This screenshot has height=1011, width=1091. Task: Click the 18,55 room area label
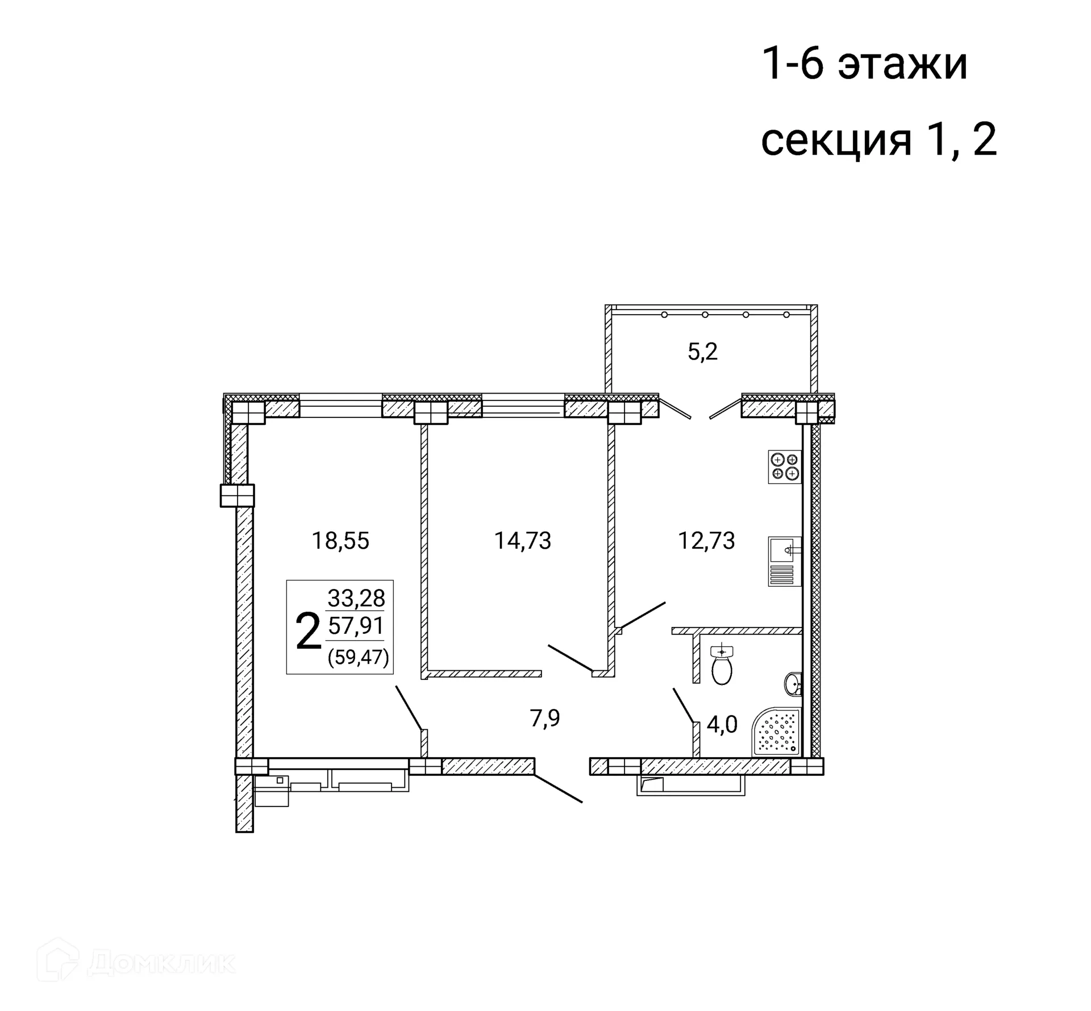tap(340, 541)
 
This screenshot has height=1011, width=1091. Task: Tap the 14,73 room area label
tap(522, 541)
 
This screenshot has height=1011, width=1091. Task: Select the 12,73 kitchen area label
tap(706, 541)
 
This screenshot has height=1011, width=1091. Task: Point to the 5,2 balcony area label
tap(703, 352)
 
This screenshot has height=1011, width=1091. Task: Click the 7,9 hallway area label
tap(545, 718)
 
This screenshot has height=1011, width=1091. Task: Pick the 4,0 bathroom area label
tap(722, 725)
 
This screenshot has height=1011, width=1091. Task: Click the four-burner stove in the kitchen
tap(785, 467)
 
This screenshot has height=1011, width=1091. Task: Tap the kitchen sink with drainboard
tap(785, 561)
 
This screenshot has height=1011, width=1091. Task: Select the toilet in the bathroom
tap(722, 666)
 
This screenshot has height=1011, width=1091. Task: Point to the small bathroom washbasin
tap(794, 684)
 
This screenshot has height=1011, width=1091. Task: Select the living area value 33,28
tap(356, 598)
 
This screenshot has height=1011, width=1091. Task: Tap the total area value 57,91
tap(356, 626)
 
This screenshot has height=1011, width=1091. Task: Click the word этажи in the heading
tap(902, 65)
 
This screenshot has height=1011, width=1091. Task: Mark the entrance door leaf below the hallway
tap(559, 788)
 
